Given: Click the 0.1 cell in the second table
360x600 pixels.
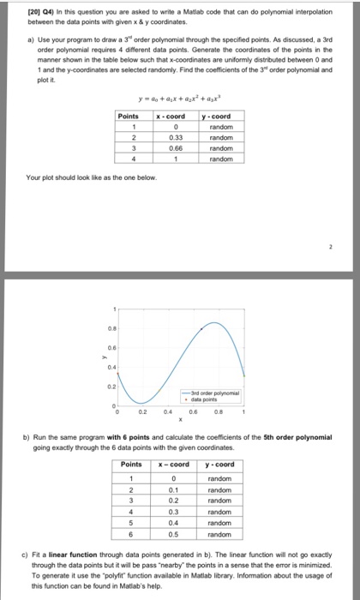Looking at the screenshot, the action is [174, 491].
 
